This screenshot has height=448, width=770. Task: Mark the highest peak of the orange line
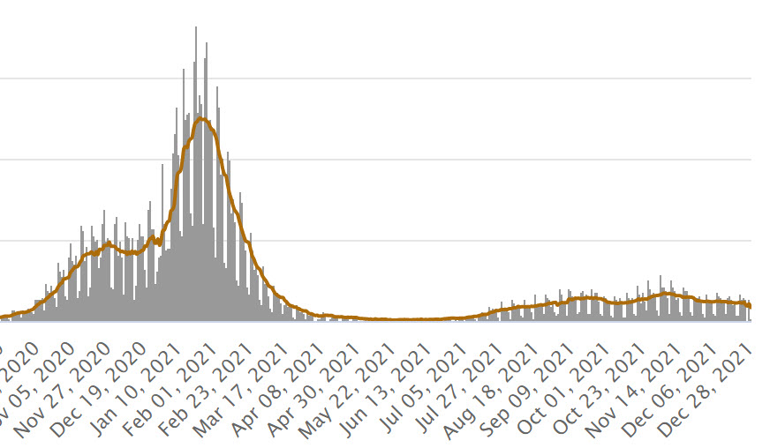point(202,118)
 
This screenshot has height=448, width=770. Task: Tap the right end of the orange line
point(750,306)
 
